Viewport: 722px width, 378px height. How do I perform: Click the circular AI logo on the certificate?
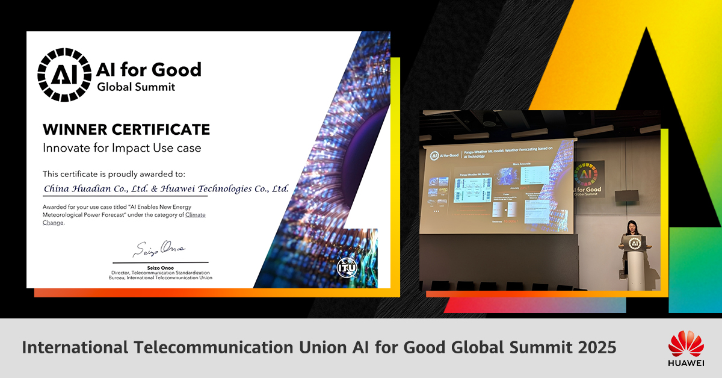point(63,75)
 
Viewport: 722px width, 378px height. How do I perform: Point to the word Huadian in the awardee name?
point(97,188)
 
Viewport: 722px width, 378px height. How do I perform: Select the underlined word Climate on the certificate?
point(196,215)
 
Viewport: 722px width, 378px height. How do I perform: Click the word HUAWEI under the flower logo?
point(686,363)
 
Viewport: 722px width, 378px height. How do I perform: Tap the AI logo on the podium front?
point(634,244)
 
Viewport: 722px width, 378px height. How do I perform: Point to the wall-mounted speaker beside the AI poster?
point(626,196)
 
